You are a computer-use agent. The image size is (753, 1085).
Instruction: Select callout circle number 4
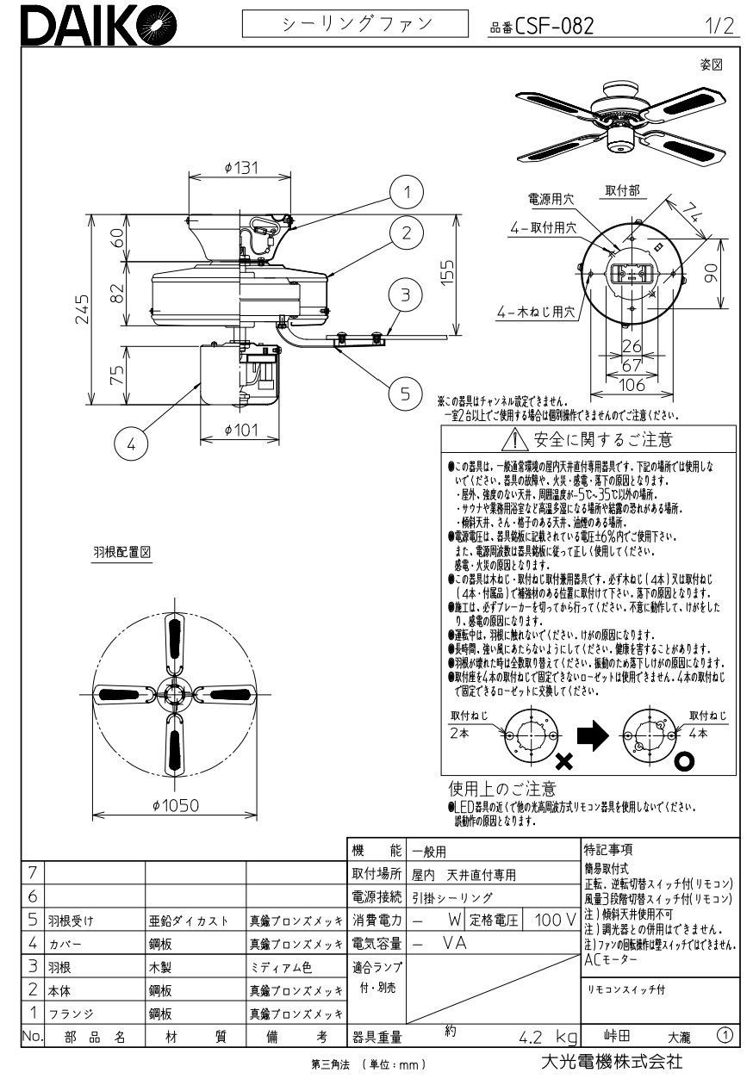click(x=131, y=445)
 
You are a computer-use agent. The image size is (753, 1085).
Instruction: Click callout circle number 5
click(x=404, y=394)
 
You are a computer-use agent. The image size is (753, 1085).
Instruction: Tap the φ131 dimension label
click(x=240, y=168)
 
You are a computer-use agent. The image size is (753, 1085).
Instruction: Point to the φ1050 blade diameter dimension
click(x=175, y=805)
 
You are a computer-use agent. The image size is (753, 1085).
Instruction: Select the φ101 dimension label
click(x=241, y=431)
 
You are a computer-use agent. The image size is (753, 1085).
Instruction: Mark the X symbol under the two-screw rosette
click(x=565, y=760)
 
